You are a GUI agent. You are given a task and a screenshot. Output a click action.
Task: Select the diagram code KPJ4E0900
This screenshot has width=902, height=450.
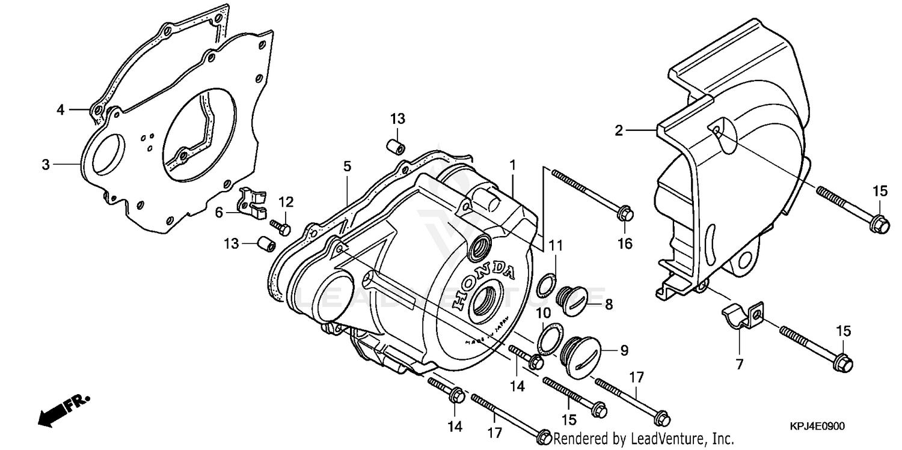click(817, 426)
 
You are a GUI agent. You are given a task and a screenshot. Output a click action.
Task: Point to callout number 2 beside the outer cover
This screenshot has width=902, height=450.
click(618, 129)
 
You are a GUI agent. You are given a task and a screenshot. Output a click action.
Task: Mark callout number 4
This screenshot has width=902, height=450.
click(60, 109)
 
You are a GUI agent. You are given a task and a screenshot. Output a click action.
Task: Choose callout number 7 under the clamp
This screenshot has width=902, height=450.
click(739, 363)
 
